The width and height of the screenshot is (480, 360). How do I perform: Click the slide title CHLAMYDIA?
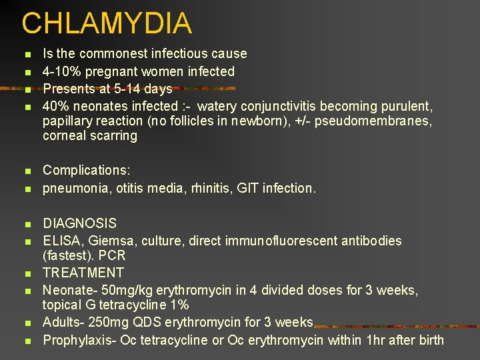[107, 23]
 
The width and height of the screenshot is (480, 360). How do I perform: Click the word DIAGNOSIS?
[79, 223]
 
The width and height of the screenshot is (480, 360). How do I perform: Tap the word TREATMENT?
[83, 273]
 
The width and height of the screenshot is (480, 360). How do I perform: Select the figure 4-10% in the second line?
[63, 71]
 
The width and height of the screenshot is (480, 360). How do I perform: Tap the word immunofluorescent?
[272, 241]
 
